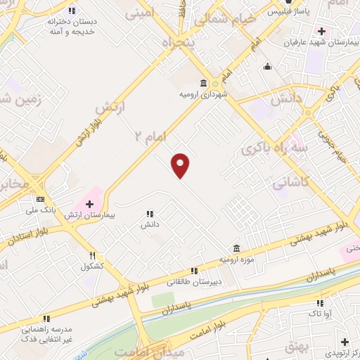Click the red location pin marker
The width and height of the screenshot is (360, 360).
[x=181, y=165]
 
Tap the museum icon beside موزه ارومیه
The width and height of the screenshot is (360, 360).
[x=236, y=249]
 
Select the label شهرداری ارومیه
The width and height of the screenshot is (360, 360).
[x=202, y=94]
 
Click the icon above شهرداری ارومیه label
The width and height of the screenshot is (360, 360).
[x=202, y=82]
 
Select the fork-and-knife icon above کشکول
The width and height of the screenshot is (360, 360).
[x=92, y=256]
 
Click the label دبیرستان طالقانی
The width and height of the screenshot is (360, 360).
[x=194, y=281]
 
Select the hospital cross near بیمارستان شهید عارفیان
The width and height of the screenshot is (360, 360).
[x=321, y=31]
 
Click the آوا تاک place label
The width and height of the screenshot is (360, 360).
[x=320, y=314]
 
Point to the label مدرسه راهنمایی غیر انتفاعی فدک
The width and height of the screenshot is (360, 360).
[x=46, y=333]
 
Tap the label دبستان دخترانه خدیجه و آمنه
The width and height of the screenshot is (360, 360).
[x=72, y=26]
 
